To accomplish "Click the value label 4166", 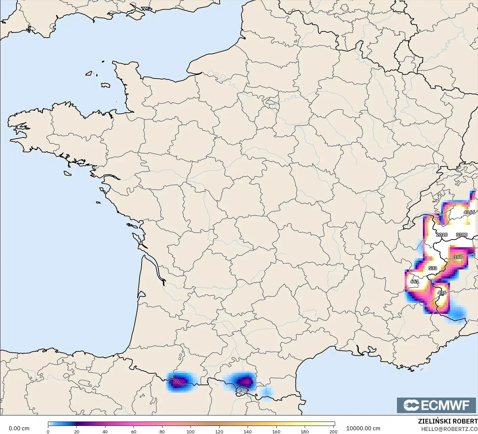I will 469,212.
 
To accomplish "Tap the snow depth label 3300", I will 461,235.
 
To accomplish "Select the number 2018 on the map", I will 442,235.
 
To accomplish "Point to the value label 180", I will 458,257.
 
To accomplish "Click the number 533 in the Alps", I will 432,268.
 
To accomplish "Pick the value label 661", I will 414,282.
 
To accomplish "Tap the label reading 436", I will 442,293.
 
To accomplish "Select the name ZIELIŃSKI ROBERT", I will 448,422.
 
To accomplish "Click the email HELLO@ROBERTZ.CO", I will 449,429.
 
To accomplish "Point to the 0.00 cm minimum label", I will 19,428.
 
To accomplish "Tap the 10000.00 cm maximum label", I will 363,428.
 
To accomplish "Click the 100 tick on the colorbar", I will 191,431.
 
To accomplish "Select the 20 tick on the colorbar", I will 77,431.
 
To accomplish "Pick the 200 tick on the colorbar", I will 333,431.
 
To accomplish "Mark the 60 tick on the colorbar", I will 134,431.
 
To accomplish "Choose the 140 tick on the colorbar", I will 248,431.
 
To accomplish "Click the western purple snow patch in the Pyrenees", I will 179,382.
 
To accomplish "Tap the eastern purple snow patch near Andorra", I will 244,381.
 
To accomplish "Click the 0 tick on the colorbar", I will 48,431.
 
